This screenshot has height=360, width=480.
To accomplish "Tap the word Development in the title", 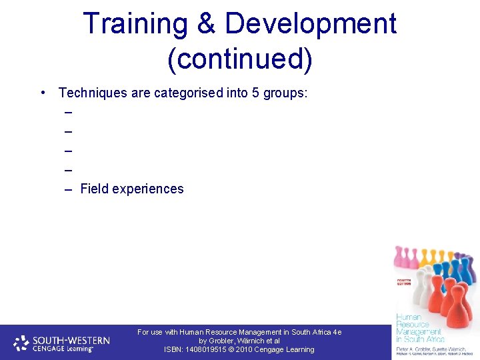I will pos(310,25).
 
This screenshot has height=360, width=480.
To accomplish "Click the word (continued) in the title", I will pos(240,59).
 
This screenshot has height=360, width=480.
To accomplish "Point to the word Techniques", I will pos(93,93).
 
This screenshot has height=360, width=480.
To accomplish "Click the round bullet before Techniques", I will pos(42,93).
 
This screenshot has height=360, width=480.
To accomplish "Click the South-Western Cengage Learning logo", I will pos(62,343).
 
